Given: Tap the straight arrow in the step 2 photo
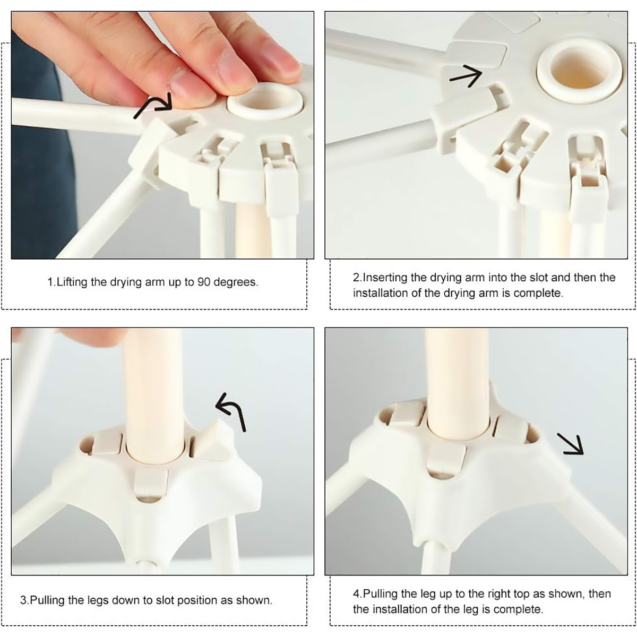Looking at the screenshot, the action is coord(466,76).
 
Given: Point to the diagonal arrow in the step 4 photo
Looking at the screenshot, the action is coord(570,444).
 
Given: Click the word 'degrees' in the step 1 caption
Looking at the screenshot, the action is coord(235,282).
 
